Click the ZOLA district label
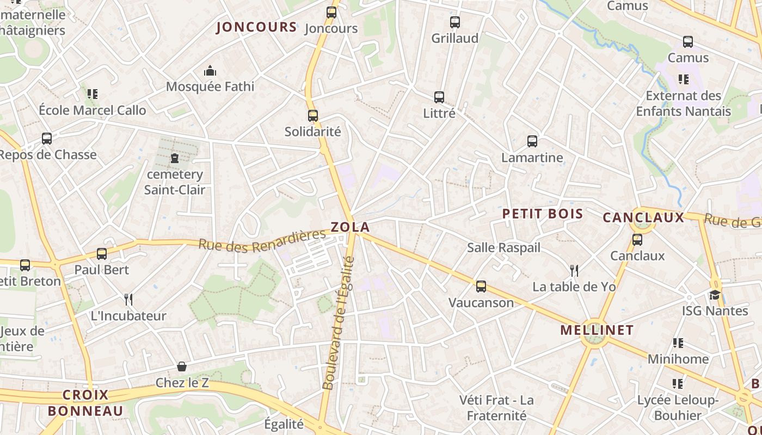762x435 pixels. [350, 227]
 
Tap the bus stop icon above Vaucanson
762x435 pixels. [481, 287]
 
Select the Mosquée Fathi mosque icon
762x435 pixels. [210, 71]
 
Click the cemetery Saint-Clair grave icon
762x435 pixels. [174, 158]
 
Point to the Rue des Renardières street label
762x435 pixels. [262, 241]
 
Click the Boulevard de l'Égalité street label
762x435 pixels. [339, 323]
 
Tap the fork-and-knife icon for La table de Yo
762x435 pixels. [573, 270]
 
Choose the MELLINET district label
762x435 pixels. [597, 330]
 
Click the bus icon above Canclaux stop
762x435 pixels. [637, 239]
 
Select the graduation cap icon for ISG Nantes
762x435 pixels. [715, 295]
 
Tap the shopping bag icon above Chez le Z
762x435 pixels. [182, 366]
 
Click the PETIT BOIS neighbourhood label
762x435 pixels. [542, 214]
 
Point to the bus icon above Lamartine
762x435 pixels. [532, 141]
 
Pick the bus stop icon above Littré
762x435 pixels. [439, 97]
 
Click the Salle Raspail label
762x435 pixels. [503, 248]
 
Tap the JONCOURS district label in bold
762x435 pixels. [256, 27]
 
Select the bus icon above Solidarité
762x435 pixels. [313, 115]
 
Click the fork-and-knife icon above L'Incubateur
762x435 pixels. [128, 299]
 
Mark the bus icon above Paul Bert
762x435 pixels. [102, 253]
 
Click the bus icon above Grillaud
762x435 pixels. [455, 22]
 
